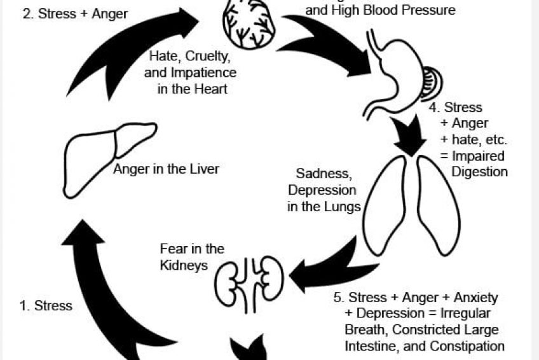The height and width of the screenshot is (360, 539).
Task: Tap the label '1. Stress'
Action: point(46,306)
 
